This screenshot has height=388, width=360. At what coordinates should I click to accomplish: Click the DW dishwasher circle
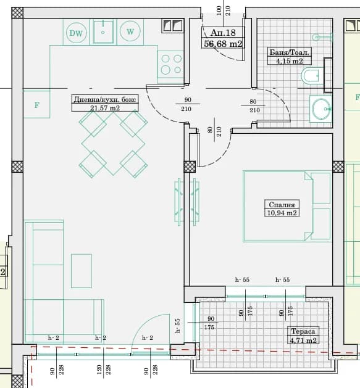point(77,33)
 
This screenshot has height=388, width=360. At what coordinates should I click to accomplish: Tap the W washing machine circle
point(130,31)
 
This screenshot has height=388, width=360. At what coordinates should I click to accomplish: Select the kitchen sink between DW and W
point(103,31)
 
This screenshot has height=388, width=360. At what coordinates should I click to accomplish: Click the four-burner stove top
point(170,64)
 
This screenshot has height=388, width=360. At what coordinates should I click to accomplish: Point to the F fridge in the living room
point(36,104)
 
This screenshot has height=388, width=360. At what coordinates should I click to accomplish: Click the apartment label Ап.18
point(223,33)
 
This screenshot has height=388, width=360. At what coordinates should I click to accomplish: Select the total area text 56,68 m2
point(223,44)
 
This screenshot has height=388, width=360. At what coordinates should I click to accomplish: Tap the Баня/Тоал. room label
point(289,52)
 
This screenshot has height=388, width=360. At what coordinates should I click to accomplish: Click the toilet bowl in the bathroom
point(310,75)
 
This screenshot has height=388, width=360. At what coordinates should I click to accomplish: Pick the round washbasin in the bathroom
point(321,109)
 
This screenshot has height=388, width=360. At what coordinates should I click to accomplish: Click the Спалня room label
point(282,205)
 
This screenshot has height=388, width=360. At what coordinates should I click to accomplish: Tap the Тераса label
point(303,331)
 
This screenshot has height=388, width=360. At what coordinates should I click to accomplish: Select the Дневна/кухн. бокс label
point(105,99)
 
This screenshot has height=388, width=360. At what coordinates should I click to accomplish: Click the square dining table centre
point(113,144)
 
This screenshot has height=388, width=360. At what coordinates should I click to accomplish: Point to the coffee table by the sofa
point(82,271)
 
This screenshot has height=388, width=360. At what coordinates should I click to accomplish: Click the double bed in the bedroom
point(287,206)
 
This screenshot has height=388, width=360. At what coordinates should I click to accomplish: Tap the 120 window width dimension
point(99,369)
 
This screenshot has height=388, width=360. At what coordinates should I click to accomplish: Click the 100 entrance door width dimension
point(219,10)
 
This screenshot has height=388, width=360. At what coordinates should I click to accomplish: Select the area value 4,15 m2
point(290,61)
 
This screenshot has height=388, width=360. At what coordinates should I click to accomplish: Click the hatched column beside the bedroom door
point(190,167)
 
